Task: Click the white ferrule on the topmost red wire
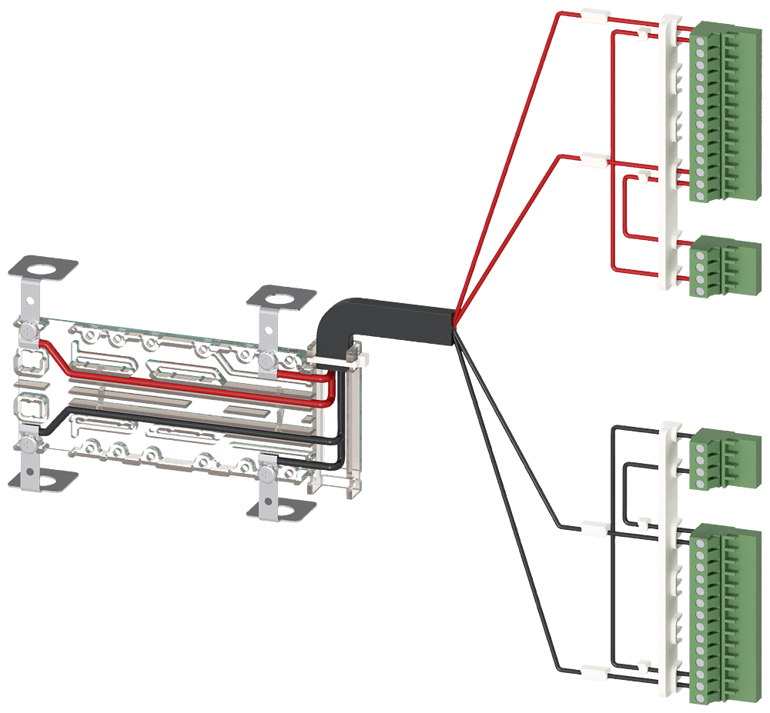tap(595, 15)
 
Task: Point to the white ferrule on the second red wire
tap(594, 160)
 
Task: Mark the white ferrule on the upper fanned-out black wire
tap(594, 528)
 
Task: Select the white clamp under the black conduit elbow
tap(333, 358)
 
